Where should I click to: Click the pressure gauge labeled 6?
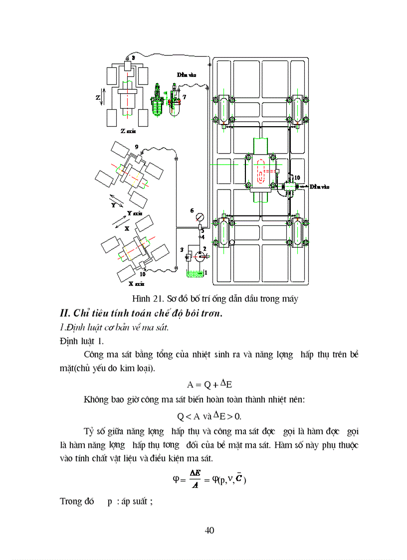(200, 217)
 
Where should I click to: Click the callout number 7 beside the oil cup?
(185, 97)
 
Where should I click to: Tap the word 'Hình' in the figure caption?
(141, 299)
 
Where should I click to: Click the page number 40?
(209, 530)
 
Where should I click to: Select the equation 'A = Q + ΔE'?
(210, 384)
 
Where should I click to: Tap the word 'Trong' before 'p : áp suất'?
(71, 501)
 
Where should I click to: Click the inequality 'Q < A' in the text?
(189, 416)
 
